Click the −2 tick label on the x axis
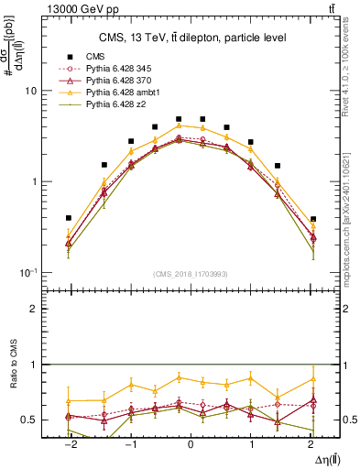(69, 443)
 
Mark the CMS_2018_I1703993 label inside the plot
(191, 274)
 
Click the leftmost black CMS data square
(69, 219)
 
